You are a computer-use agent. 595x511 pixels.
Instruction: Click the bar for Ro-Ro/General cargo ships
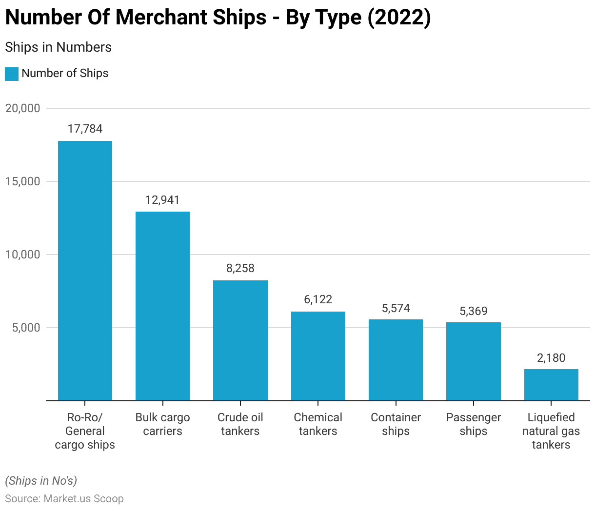[x=85, y=271]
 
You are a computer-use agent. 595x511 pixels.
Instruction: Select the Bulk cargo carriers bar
[x=162, y=306]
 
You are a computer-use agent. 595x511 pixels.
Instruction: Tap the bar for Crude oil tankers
[x=240, y=340]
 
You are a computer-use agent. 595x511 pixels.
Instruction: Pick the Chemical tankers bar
[x=318, y=356]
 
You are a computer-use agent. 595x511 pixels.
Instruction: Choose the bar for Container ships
[x=396, y=360]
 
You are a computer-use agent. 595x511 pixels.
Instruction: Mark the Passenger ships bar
[x=474, y=361]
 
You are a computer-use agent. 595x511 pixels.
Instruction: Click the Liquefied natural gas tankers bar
[x=551, y=385]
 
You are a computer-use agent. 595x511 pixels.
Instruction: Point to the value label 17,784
[x=85, y=129]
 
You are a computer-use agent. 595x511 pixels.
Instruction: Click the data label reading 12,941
[x=162, y=200]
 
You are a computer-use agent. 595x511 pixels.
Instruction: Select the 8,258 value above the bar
[x=240, y=268]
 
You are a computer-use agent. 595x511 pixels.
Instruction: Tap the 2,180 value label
[x=551, y=358]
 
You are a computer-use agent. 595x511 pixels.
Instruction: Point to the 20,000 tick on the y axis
[x=22, y=108]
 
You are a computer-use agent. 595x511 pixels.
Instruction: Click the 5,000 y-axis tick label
[x=25, y=328]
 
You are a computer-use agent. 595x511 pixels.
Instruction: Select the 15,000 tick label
[x=22, y=181]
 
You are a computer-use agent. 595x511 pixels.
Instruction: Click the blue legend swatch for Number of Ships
[x=12, y=74]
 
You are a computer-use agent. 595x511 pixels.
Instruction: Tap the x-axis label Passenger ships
[x=474, y=424]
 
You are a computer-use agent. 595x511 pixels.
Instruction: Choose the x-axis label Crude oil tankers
[x=240, y=424]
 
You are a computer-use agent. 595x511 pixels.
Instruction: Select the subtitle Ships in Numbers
[x=58, y=47]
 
